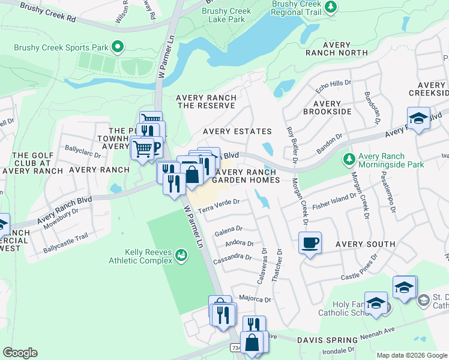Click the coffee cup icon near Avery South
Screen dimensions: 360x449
pos(310,243)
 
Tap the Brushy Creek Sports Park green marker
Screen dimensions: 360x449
pos(118,46)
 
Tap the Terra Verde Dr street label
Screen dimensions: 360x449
pos(220,206)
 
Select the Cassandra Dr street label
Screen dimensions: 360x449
pos(232,257)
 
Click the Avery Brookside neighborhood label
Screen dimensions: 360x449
pos(327,107)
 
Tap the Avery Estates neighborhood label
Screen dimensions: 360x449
pos(237,131)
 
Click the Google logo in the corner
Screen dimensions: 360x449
pos(20,353)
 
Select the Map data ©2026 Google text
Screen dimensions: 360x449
pos(411,355)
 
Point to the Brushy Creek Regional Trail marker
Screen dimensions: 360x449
pos(330,7)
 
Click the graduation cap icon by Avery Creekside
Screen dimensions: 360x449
pos(418,118)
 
